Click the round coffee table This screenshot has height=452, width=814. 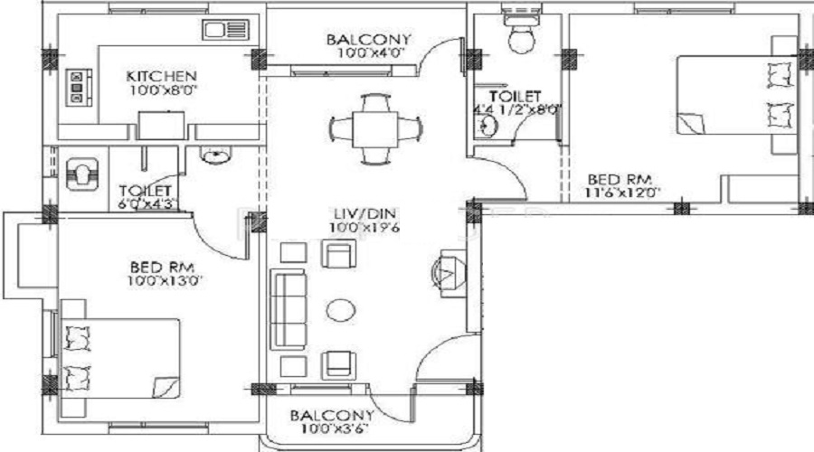340,310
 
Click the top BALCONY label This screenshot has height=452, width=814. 369,40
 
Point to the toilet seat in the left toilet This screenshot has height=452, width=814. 80,172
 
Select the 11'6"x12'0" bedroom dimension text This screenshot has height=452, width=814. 624,192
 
